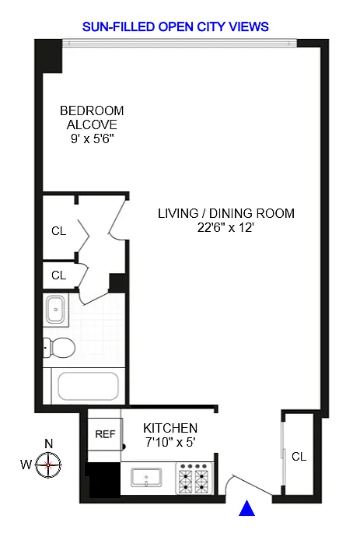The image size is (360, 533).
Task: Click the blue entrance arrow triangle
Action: click(x=247, y=508)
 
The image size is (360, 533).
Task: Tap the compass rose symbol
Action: click(x=48, y=465)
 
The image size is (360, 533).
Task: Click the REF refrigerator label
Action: click(x=105, y=434)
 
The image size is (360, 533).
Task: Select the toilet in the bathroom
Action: click(x=59, y=347)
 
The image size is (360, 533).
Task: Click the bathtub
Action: click(x=89, y=386)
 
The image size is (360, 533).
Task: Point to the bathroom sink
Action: click(x=56, y=310)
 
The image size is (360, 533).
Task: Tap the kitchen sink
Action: click(x=146, y=478)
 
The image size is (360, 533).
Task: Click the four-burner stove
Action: click(x=194, y=479)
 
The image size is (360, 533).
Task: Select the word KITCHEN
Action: click(x=170, y=428)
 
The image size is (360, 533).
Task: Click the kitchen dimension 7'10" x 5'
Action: click(x=170, y=442)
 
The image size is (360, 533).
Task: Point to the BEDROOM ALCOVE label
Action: click(x=92, y=117)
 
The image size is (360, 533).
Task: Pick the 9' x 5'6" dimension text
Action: click(x=92, y=139)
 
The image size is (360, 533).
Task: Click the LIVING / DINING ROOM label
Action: click(x=226, y=213)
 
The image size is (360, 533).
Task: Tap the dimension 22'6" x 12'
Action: click(x=225, y=227)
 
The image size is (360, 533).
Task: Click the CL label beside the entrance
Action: click(x=299, y=457)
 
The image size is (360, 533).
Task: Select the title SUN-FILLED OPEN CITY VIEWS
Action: click(x=176, y=27)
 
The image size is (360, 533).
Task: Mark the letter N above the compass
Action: click(x=49, y=444)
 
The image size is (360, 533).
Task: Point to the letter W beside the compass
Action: click(x=26, y=465)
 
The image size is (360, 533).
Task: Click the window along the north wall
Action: click(x=180, y=43)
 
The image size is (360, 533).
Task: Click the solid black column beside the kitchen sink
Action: click(x=103, y=479)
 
